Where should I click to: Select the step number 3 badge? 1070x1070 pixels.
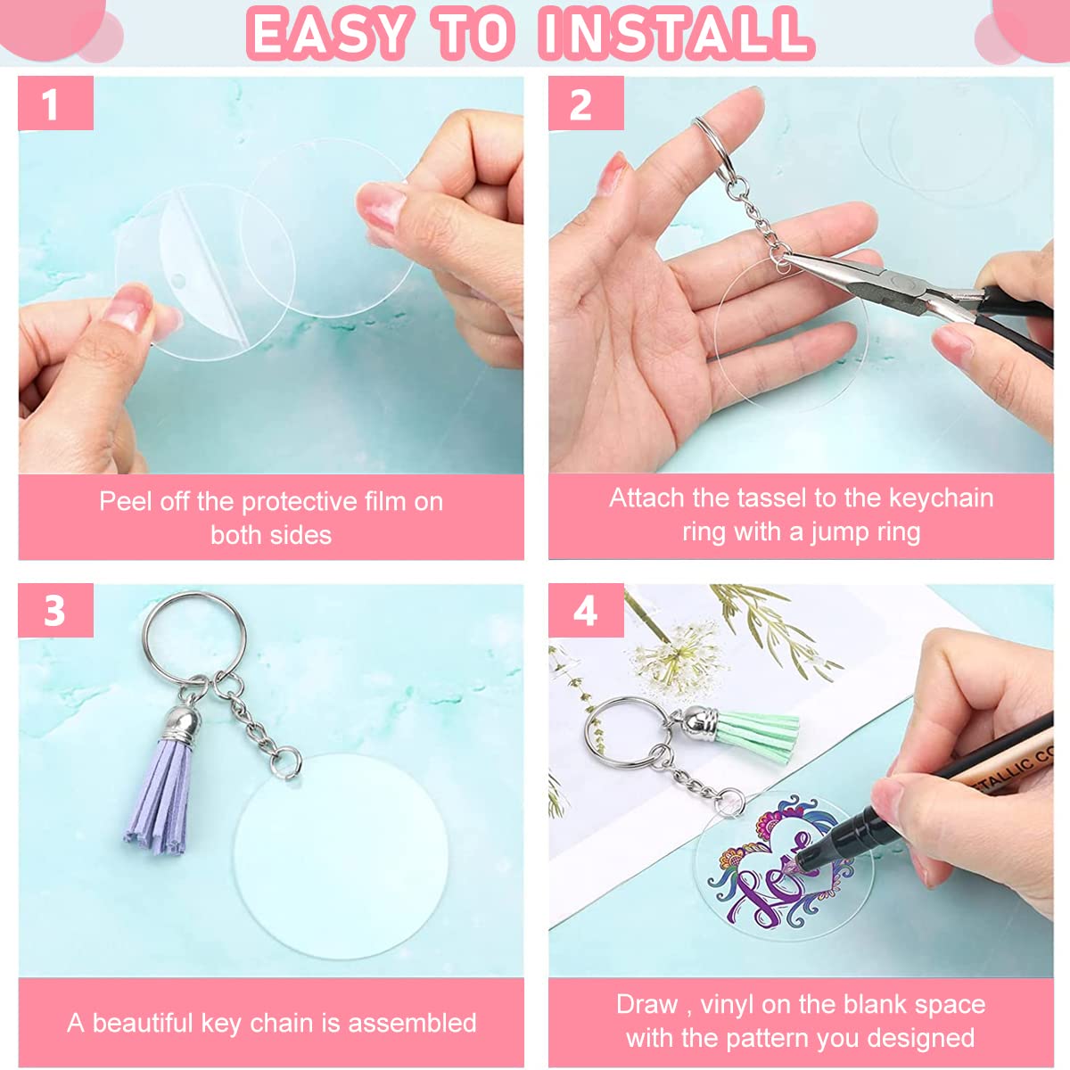(54, 611)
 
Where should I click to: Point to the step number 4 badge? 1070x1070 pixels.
(584, 611)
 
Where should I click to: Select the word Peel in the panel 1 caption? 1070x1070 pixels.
(125, 501)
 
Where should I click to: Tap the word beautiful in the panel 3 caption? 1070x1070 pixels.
(143, 1023)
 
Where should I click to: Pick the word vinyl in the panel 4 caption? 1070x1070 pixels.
(728, 1005)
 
